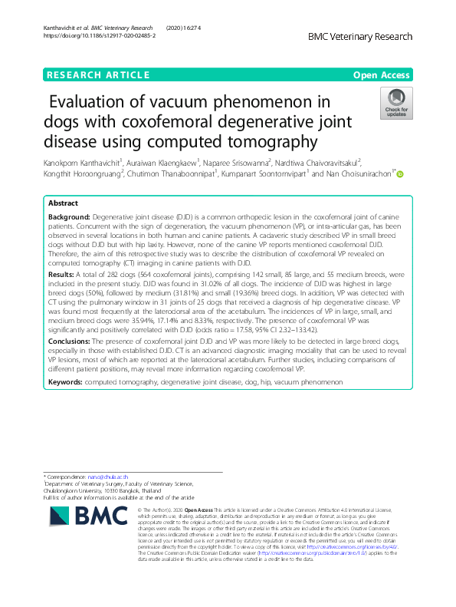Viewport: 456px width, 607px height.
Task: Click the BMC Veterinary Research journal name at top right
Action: [360, 36]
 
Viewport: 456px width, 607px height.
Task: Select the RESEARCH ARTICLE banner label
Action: [98, 75]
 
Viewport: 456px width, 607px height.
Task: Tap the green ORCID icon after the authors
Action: [399, 174]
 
